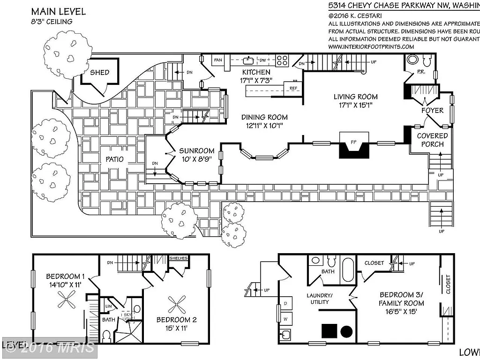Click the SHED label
[x=100, y=72]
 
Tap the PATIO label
[x=114, y=159]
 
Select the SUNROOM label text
[x=196, y=151]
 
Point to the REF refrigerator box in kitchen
[x=293, y=88]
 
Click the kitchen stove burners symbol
[x=281, y=60]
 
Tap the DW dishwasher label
[x=263, y=60]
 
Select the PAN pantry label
[x=217, y=60]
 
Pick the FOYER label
[x=432, y=111]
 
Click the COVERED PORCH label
[x=432, y=140]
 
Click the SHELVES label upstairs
[x=178, y=258]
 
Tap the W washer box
[x=285, y=319]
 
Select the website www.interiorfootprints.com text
[x=371, y=46]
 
